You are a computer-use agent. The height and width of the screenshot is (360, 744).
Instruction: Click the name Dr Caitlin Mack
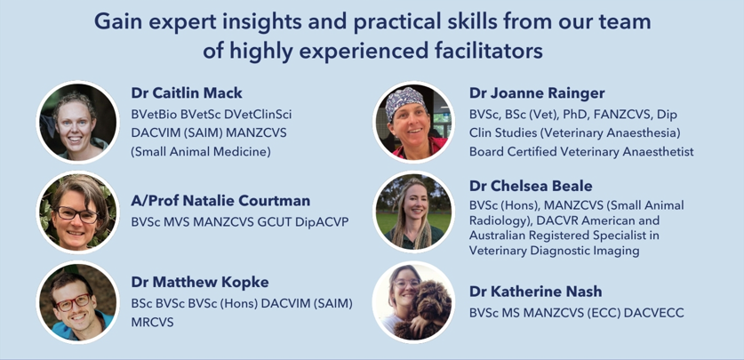(187, 93)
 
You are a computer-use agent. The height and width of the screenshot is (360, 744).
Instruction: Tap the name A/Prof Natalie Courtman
(220, 201)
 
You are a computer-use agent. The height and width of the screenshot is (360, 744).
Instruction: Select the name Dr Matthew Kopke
(200, 282)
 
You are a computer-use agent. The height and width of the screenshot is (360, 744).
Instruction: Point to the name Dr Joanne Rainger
(537, 93)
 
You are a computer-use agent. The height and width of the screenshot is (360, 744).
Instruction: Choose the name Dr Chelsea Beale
(531, 186)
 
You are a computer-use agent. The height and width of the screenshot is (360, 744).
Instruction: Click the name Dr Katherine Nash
(535, 292)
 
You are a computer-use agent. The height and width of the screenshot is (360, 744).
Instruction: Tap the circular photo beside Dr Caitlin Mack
(78, 122)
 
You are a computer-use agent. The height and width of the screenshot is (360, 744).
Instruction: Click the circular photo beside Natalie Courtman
(78, 212)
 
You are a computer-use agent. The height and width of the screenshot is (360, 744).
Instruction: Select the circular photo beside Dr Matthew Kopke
(78, 302)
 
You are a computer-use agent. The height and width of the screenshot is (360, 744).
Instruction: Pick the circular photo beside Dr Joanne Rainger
(413, 122)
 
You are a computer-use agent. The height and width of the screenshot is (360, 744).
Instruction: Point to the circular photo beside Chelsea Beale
(413, 212)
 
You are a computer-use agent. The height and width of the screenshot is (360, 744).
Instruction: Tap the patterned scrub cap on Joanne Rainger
(404, 100)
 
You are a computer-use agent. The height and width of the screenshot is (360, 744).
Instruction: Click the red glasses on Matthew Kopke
(73, 302)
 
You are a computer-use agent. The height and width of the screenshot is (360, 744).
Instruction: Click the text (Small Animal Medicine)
(201, 152)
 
